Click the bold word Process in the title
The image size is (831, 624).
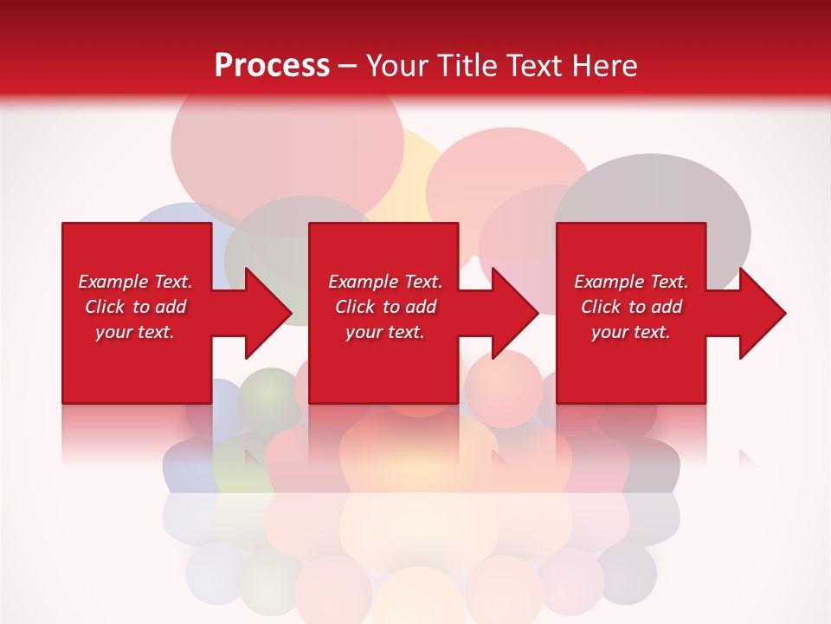coord(272,65)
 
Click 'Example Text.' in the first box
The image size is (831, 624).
coord(135,282)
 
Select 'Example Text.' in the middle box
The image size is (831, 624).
coord(385,282)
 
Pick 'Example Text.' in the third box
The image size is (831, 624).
coord(631,282)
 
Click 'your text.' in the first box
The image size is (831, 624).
coord(135,332)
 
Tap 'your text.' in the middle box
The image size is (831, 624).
coord(385,332)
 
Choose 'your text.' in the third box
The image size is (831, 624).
coord(631,332)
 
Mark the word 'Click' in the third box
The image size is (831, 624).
coord(602,307)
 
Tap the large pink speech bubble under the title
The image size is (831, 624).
coord(286,147)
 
